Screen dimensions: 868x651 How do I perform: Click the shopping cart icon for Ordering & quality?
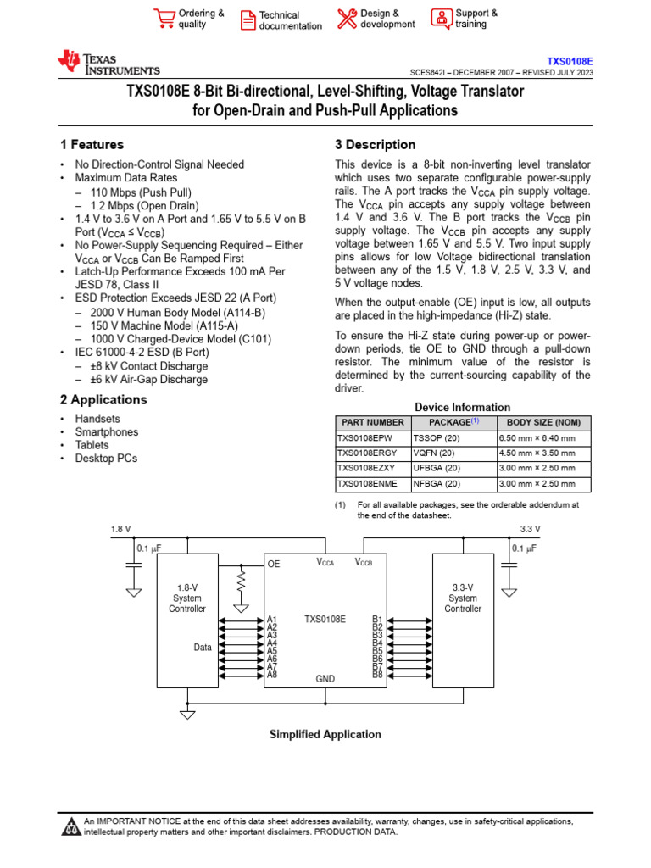[164, 18]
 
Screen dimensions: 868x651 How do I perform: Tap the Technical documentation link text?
[290, 20]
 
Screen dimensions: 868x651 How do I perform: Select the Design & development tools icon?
[347, 19]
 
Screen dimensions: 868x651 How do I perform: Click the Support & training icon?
[442, 18]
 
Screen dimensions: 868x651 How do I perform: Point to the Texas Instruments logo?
[108, 64]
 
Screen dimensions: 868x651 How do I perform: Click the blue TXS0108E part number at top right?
[570, 62]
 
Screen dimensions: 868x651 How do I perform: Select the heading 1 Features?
[92, 145]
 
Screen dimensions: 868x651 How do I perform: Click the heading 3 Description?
[376, 145]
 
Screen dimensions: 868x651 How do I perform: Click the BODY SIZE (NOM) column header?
[544, 422]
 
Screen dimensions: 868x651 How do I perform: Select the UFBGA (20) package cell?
[437, 468]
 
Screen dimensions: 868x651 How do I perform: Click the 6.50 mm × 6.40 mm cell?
[537, 438]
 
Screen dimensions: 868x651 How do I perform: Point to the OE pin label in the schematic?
[274, 564]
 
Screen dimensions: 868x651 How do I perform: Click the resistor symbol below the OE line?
[242, 581]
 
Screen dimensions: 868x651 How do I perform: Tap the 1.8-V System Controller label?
[187, 598]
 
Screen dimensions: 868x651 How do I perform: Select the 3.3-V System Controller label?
[463, 598]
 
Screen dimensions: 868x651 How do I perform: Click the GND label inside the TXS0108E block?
[325, 679]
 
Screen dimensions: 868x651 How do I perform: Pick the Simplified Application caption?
[325, 735]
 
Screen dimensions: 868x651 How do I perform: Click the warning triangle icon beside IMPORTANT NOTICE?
[70, 826]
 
